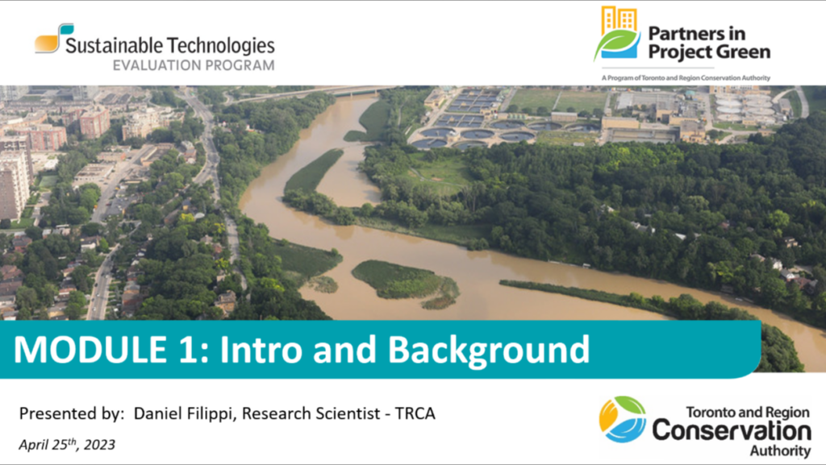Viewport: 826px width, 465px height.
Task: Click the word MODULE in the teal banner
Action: [x=90, y=349]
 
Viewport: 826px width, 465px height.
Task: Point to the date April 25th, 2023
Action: [x=67, y=445]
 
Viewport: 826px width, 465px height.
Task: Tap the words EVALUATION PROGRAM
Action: [x=194, y=66]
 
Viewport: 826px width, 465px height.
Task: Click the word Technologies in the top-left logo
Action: [x=222, y=46]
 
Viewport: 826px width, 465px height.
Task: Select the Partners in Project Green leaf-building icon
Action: [x=617, y=32]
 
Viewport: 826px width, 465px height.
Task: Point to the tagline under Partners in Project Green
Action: [x=686, y=78]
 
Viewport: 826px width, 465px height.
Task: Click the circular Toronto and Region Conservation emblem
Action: [x=623, y=419]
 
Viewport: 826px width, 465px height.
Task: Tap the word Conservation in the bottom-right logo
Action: [x=732, y=431]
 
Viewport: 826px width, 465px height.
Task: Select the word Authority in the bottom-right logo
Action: [x=780, y=450]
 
